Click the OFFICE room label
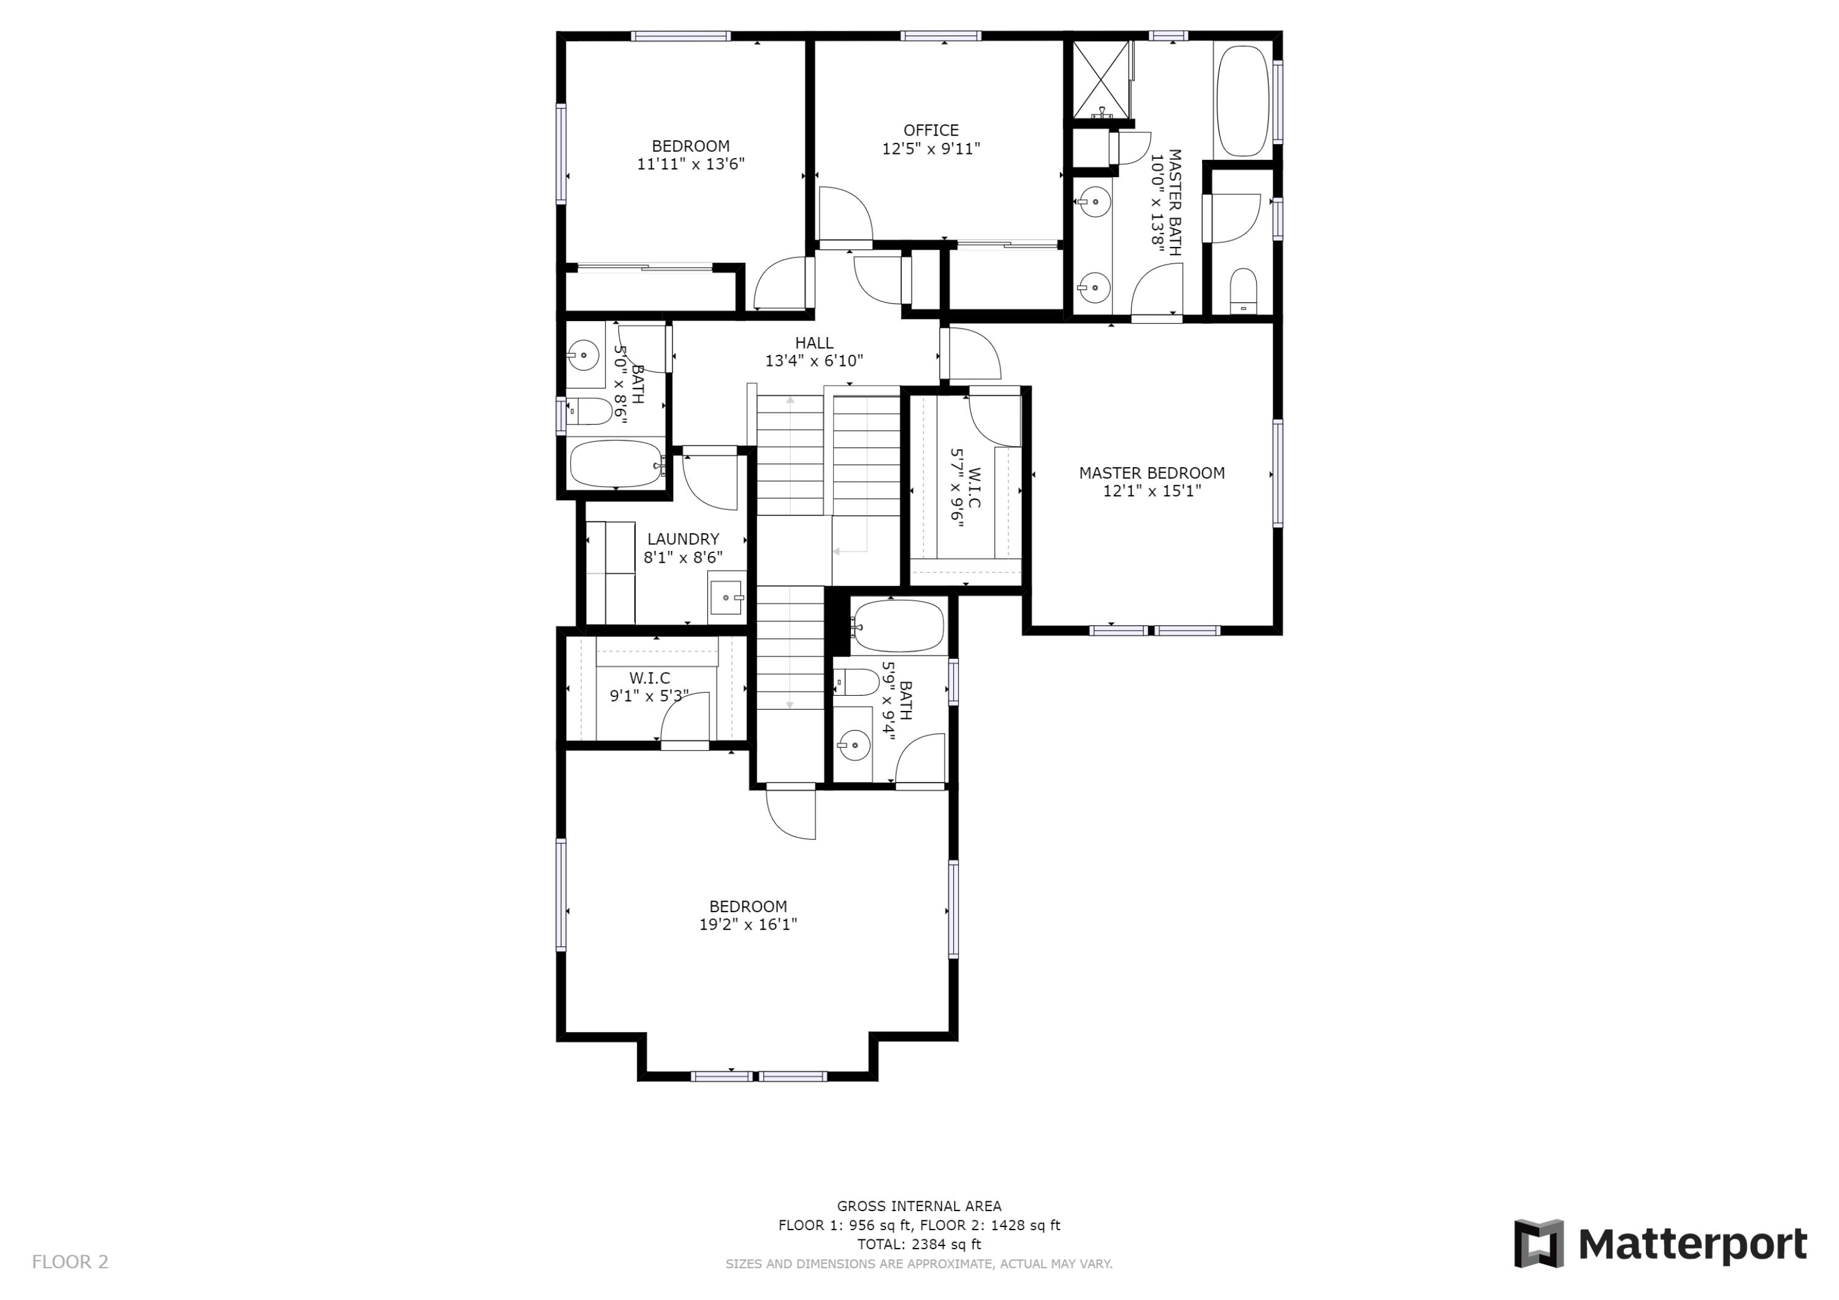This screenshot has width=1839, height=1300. click(931, 131)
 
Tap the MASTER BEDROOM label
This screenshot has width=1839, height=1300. click(1151, 473)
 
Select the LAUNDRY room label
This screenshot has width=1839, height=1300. click(682, 539)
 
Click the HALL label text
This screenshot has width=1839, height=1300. click(814, 343)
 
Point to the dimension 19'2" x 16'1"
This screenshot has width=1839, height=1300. click(747, 924)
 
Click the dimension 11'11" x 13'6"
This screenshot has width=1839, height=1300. click(690, 164)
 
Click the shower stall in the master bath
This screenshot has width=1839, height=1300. click(1099, 78)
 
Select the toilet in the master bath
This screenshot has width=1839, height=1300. click(1243, 290)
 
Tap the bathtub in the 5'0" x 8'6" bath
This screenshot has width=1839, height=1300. click(615, 464)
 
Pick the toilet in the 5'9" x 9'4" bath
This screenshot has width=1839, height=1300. click(857, 682)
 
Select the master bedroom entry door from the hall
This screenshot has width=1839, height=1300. click(972, 355)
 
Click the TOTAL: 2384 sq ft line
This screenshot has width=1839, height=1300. click(919, 1244)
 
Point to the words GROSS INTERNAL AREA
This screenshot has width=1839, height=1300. click(919, 1206)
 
